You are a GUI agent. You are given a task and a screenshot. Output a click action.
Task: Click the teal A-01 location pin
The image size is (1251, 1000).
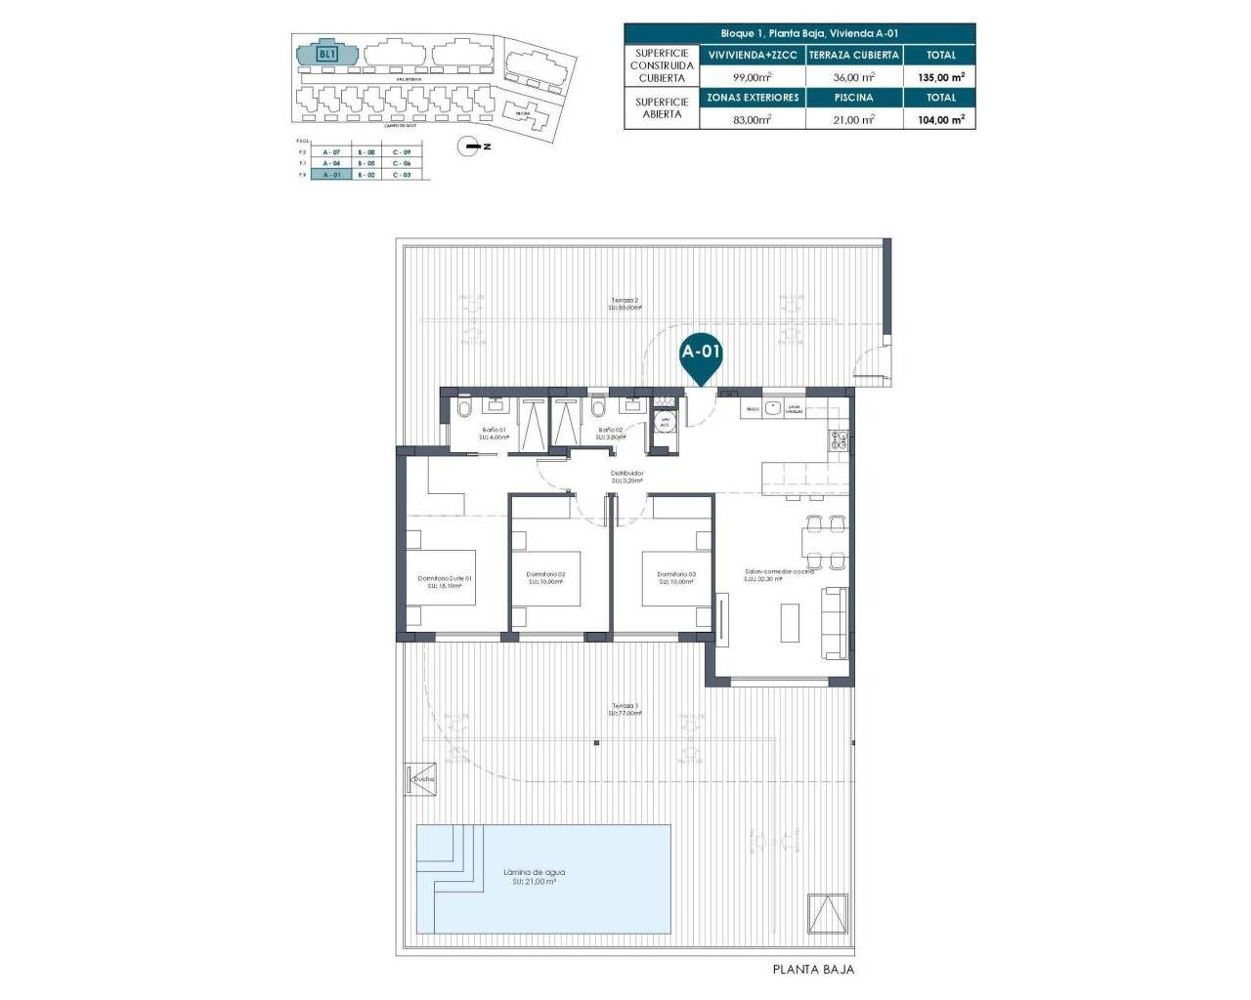coord(701,354)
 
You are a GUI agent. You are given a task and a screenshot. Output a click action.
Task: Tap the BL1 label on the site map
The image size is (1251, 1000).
coord(327,54)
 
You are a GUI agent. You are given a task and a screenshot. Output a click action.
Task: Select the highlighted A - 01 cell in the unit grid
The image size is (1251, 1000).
coord(330,175)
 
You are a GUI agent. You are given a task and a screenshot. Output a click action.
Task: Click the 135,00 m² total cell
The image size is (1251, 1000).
coord(941,76)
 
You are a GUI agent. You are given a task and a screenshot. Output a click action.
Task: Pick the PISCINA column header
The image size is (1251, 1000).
coord(854,98)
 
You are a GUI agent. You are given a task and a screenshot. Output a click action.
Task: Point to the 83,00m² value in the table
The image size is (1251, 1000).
coord(753,119)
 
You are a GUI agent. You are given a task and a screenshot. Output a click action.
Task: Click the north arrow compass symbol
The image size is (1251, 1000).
coord(472,146)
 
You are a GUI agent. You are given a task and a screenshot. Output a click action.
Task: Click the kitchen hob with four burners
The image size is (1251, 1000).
coord(839,439)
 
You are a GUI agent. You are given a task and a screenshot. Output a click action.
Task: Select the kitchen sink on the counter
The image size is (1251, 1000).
coord(772,408)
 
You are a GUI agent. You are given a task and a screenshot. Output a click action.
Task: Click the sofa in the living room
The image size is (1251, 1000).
coord(835,621)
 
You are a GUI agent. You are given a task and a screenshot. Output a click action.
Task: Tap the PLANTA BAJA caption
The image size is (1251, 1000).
coord(813,970)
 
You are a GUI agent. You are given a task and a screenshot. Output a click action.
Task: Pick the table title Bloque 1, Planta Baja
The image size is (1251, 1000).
coord(799,33)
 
